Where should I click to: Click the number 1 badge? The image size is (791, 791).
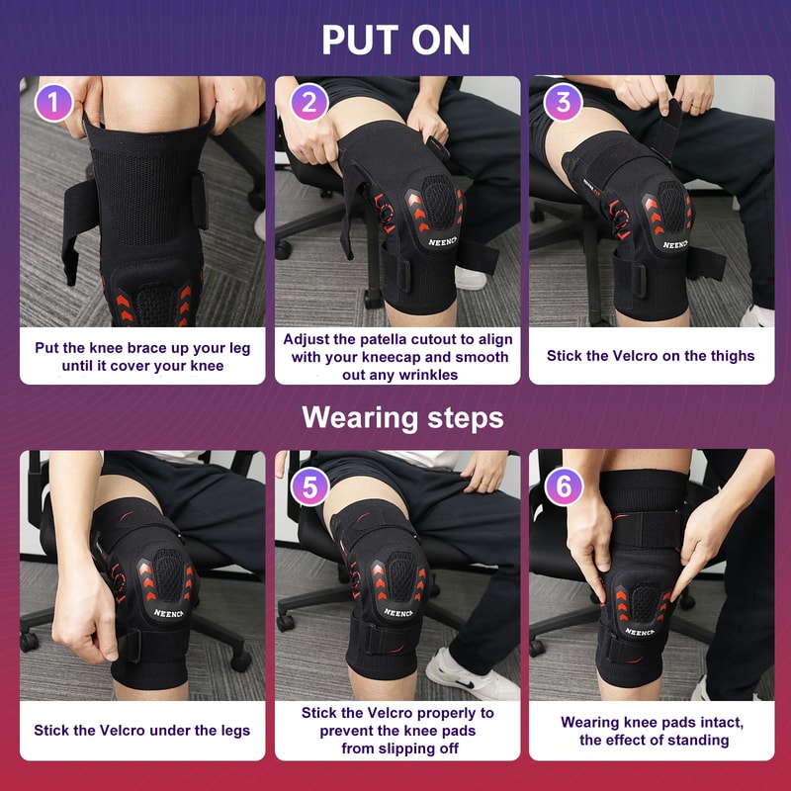pos(54,102)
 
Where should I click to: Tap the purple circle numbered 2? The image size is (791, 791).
pos(309,102)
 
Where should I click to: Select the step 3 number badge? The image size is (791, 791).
pos(564,102)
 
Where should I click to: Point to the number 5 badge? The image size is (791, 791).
pos(309,485)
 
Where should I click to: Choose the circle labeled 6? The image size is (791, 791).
pos(564,485)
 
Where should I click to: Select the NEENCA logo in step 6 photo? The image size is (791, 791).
pos(641,631)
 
